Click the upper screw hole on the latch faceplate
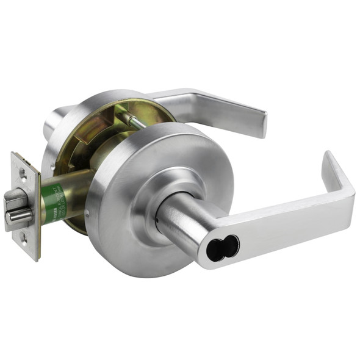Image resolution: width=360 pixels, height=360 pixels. pyautogui.click(x=23, y=173)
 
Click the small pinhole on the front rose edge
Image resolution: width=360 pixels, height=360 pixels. pyautogui.click(x=88, y=214)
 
